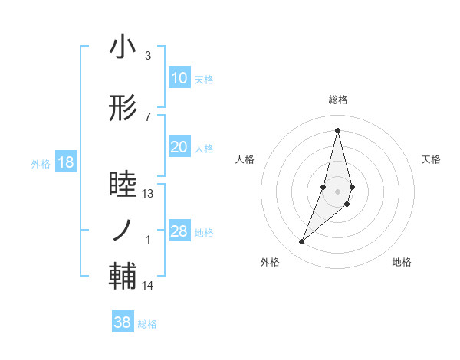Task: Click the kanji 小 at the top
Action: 123,47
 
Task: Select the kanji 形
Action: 123,110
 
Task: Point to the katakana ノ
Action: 123,229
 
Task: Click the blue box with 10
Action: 179,78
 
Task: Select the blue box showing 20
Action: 179,148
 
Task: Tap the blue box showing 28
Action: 179,232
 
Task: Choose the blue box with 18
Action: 65,163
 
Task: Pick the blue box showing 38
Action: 123,322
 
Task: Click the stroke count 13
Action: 148,194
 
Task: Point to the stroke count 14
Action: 148,286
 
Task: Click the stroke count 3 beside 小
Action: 148,56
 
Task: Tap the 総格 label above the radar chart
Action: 337,100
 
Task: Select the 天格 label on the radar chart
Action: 432,159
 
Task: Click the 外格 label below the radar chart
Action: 270,262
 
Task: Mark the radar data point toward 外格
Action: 301,242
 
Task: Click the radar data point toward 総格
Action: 337,130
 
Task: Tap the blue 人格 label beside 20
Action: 205,149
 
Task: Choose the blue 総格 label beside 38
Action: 147,323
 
